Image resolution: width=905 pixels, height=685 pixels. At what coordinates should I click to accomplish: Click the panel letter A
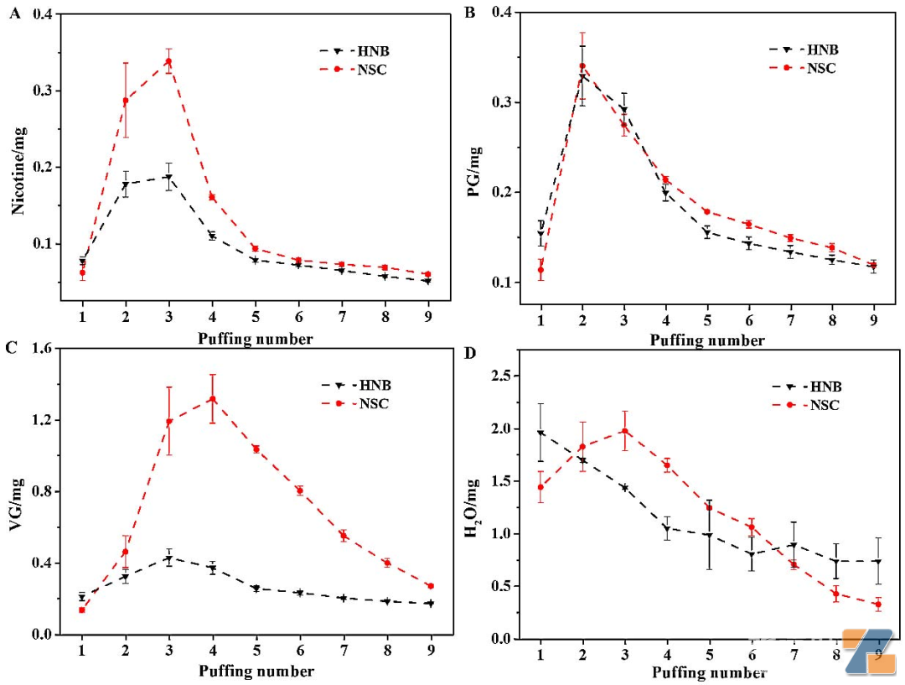(x=14, y=13)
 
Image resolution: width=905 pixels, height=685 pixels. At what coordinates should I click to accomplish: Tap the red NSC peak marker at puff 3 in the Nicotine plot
(x=168, y=61)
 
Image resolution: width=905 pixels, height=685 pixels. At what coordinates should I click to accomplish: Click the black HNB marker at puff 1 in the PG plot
(x=540, y=236)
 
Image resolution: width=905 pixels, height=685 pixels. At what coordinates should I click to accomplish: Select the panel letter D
(x=470, y=352)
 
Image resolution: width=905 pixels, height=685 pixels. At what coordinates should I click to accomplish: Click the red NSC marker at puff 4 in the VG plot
(x=213, y=399)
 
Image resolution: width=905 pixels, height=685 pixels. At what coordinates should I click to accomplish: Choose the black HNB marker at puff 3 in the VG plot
(x=168, y=559)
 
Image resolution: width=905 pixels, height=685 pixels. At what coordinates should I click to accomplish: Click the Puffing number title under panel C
(x=256, y=672)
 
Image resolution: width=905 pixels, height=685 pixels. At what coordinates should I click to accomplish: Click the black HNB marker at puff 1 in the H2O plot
(x=540, y=433)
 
